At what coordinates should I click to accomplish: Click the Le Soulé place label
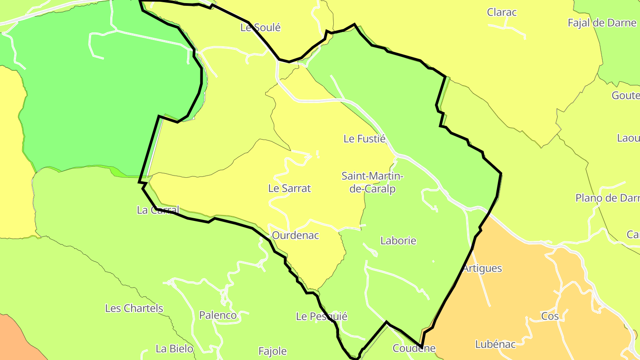[x=260, y=28]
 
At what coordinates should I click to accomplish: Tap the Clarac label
[x=502, y=12]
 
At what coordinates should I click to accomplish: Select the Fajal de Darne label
[x=602, y=23]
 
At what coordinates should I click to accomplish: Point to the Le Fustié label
[x=364, y=139]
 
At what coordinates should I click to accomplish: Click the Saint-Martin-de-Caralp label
[x=372, y=182]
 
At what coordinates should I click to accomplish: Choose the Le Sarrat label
[x=289, y=188]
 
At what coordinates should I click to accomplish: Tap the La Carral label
[x=158, y=210]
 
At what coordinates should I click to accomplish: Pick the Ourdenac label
[x=295, y=236]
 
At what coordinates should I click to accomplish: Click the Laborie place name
[x=398, y=241]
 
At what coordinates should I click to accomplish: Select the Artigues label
[x=482, y=268]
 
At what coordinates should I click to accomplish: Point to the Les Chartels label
[x=134, y=308]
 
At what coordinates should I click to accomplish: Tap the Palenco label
[x=218, y=316]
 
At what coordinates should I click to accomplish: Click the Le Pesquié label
[x=321, y=316]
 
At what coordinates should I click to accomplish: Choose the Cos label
[x=550, y=316]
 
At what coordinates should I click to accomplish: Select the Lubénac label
[x=495, y=344]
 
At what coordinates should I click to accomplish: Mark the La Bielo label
[x=174, y=348]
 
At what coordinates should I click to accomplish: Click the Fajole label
[x=272, y=352]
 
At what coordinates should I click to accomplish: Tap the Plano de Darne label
[x=607, y=198]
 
